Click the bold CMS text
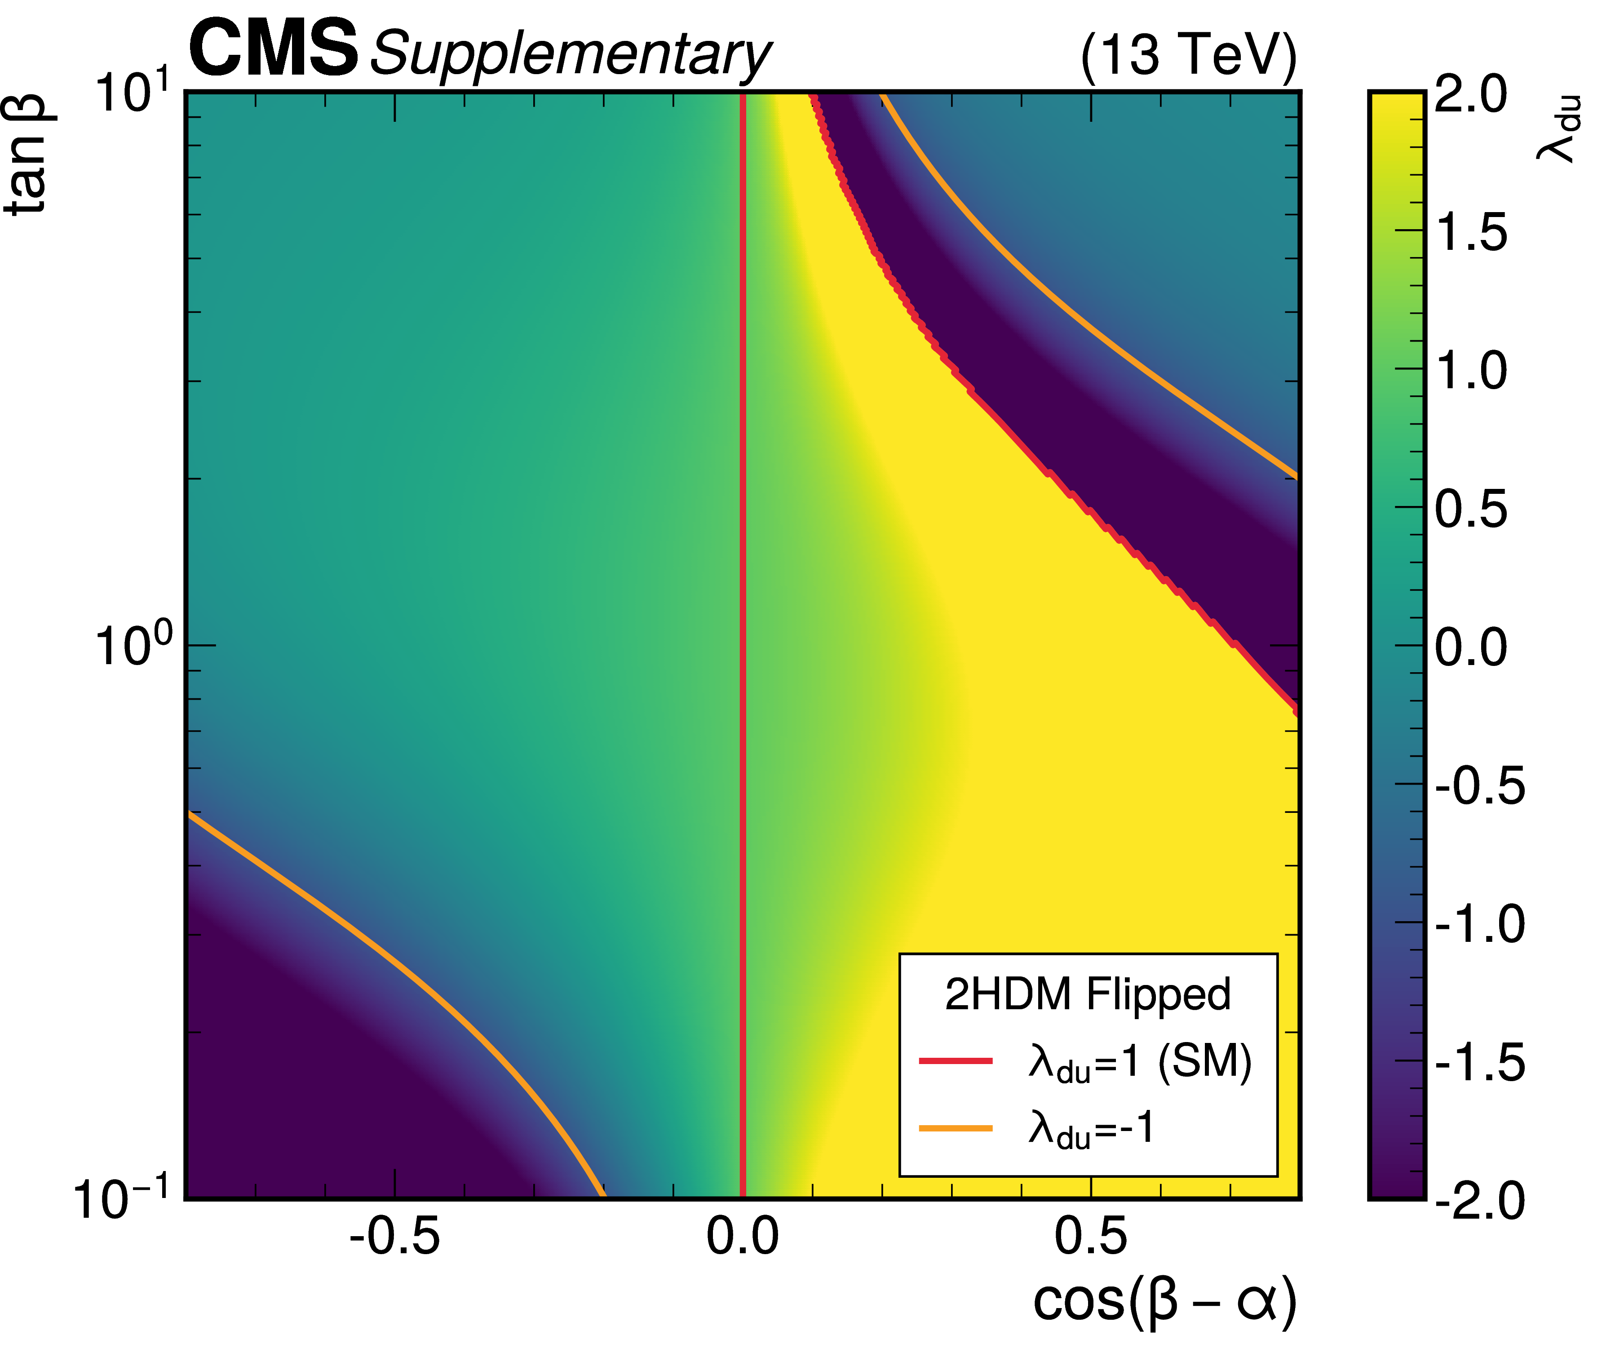coord(273,49)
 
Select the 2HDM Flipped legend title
coord(1088,995)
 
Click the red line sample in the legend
coord(956,1061)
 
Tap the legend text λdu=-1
coord(1090,1130)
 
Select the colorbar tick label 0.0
coord(1470,648)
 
